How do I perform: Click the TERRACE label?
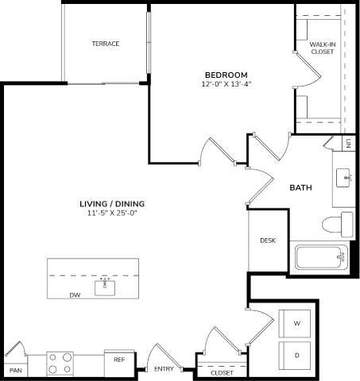(x=105, y=44)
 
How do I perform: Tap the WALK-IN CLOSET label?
(x=322, y=48)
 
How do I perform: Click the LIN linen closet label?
(x=348, y=144)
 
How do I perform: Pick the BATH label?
(x=300, y=188)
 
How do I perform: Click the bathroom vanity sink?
(x=345, y=175)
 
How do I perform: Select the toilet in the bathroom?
(x=343, y=224)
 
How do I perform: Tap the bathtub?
(x=322, y=258)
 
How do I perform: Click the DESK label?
(x=268, y=241)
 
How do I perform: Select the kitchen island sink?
(x=105, y=287)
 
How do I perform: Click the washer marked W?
(x=296, y=324)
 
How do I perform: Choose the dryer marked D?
(x=296, y=355)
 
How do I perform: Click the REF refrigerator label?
(x=119, y=360)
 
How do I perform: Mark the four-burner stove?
(x=60, y=364)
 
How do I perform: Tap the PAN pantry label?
(x=14, y=371)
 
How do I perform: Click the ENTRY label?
(x=164, y=369)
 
